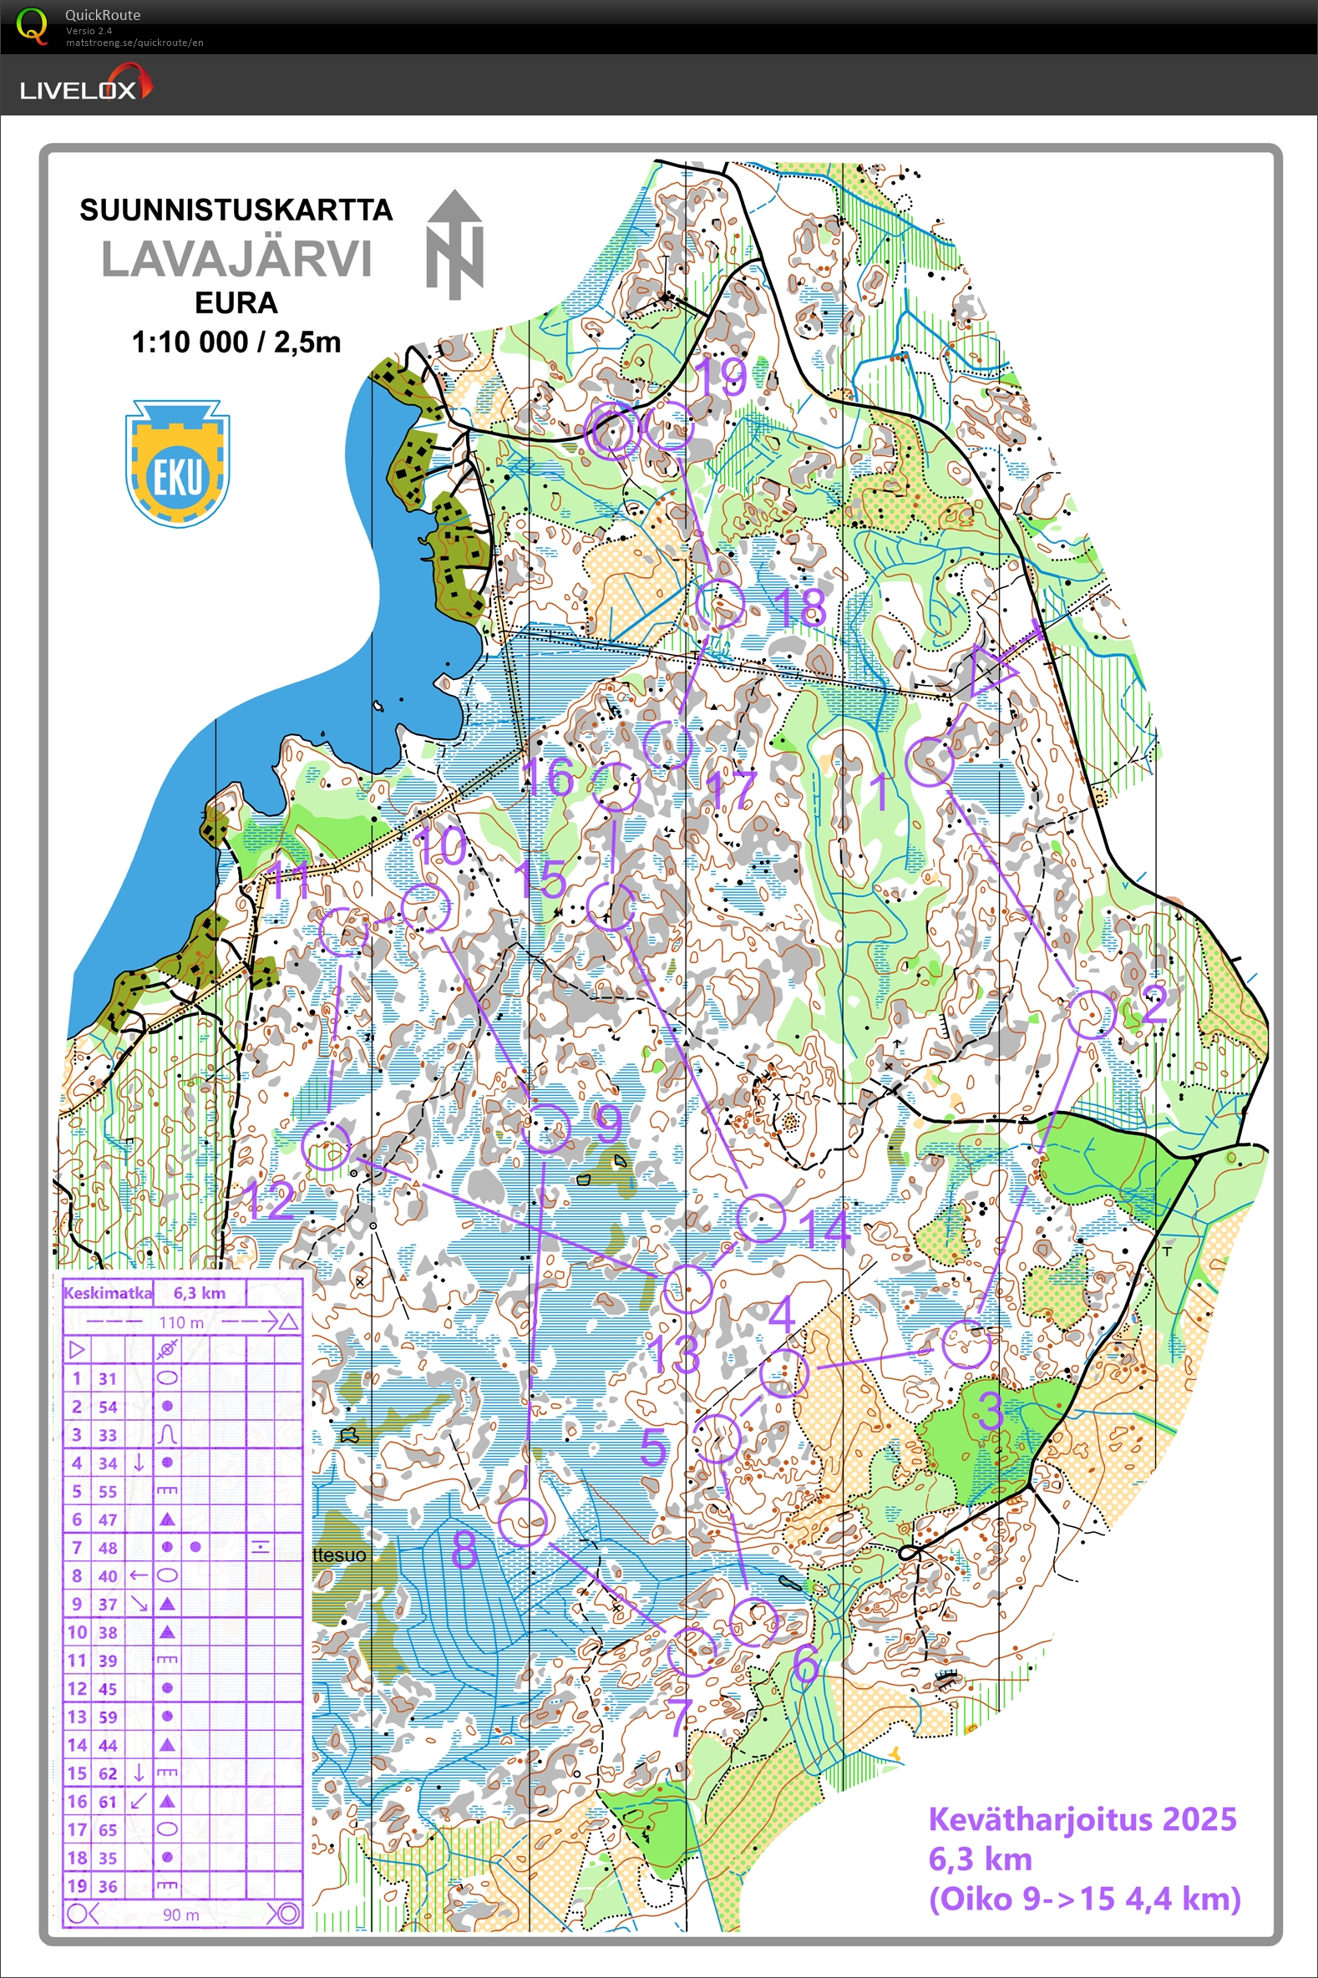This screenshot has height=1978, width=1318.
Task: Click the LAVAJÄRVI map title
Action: pyautogui.click(x=236, y=259)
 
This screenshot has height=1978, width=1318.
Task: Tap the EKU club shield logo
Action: pyautogui.click(x=177, y=464)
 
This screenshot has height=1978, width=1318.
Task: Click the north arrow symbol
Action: pyautogui.click(x=454, y=245)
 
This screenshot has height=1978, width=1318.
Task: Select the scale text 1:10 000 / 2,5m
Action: pyautogui.click(x=236, y=342)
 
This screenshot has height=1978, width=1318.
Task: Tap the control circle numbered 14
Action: pyautogui.click(x=761, y=1218)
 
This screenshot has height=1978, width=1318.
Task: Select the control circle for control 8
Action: pyautogui.click(x=523, y=1522)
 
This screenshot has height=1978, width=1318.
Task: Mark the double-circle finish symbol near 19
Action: pyautogui.click(x=613, y=430)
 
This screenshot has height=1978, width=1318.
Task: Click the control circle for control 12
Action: pyautogui.click(x=326, y=1146)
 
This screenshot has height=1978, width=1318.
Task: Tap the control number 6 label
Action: pyautogui.click(x=806, y=1662)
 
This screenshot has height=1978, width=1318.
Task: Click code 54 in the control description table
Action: pyautogui.click(x=108, y=1407)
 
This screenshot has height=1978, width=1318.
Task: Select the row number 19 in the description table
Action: pyautogui.click(x=77, y=1886)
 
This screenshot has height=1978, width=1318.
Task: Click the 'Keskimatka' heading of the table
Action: pyautogui.click(x=108, y=1294)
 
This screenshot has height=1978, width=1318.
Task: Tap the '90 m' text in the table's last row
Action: pyautogui.click(x=180, y=1915)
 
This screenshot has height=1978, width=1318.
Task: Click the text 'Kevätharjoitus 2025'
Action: pyautogui.click(x=1082, y=1820)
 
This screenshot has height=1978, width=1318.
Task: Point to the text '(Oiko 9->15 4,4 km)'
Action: pyautogui.click(x=1084, y=1899)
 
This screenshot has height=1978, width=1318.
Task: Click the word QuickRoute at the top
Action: pyautogui.click(x=103, y=15)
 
